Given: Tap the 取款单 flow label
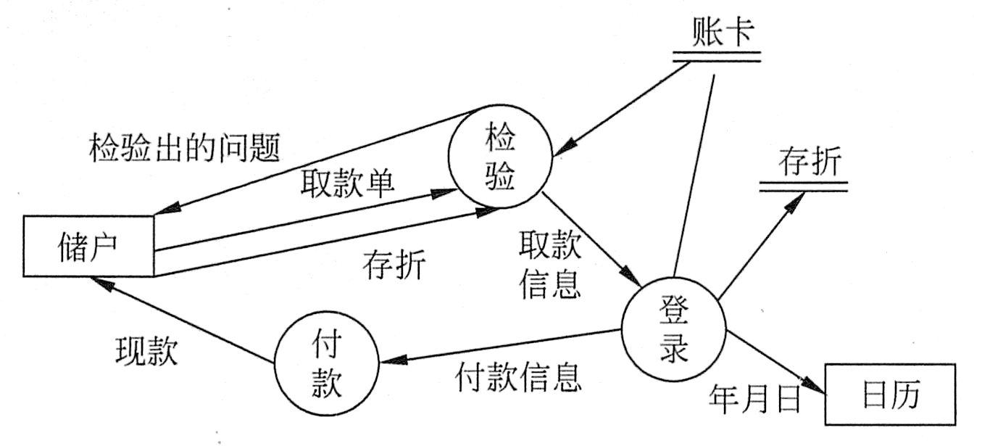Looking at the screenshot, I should coord(348,186).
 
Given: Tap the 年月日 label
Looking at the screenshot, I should coord(754,397).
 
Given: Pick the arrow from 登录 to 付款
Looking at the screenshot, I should coord(500,347).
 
